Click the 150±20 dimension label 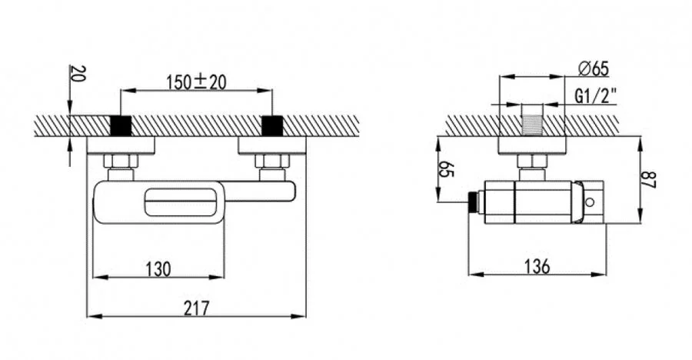click(196, 82)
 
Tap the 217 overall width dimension click(196, 308)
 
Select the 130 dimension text click(158, 268)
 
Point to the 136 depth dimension click(537, 266)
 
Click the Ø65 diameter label click(594, 69)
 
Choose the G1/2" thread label click(595, 95)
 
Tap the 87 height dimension click(650, 179)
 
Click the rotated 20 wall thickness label click(77, 74)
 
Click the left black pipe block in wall click(121, 125)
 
